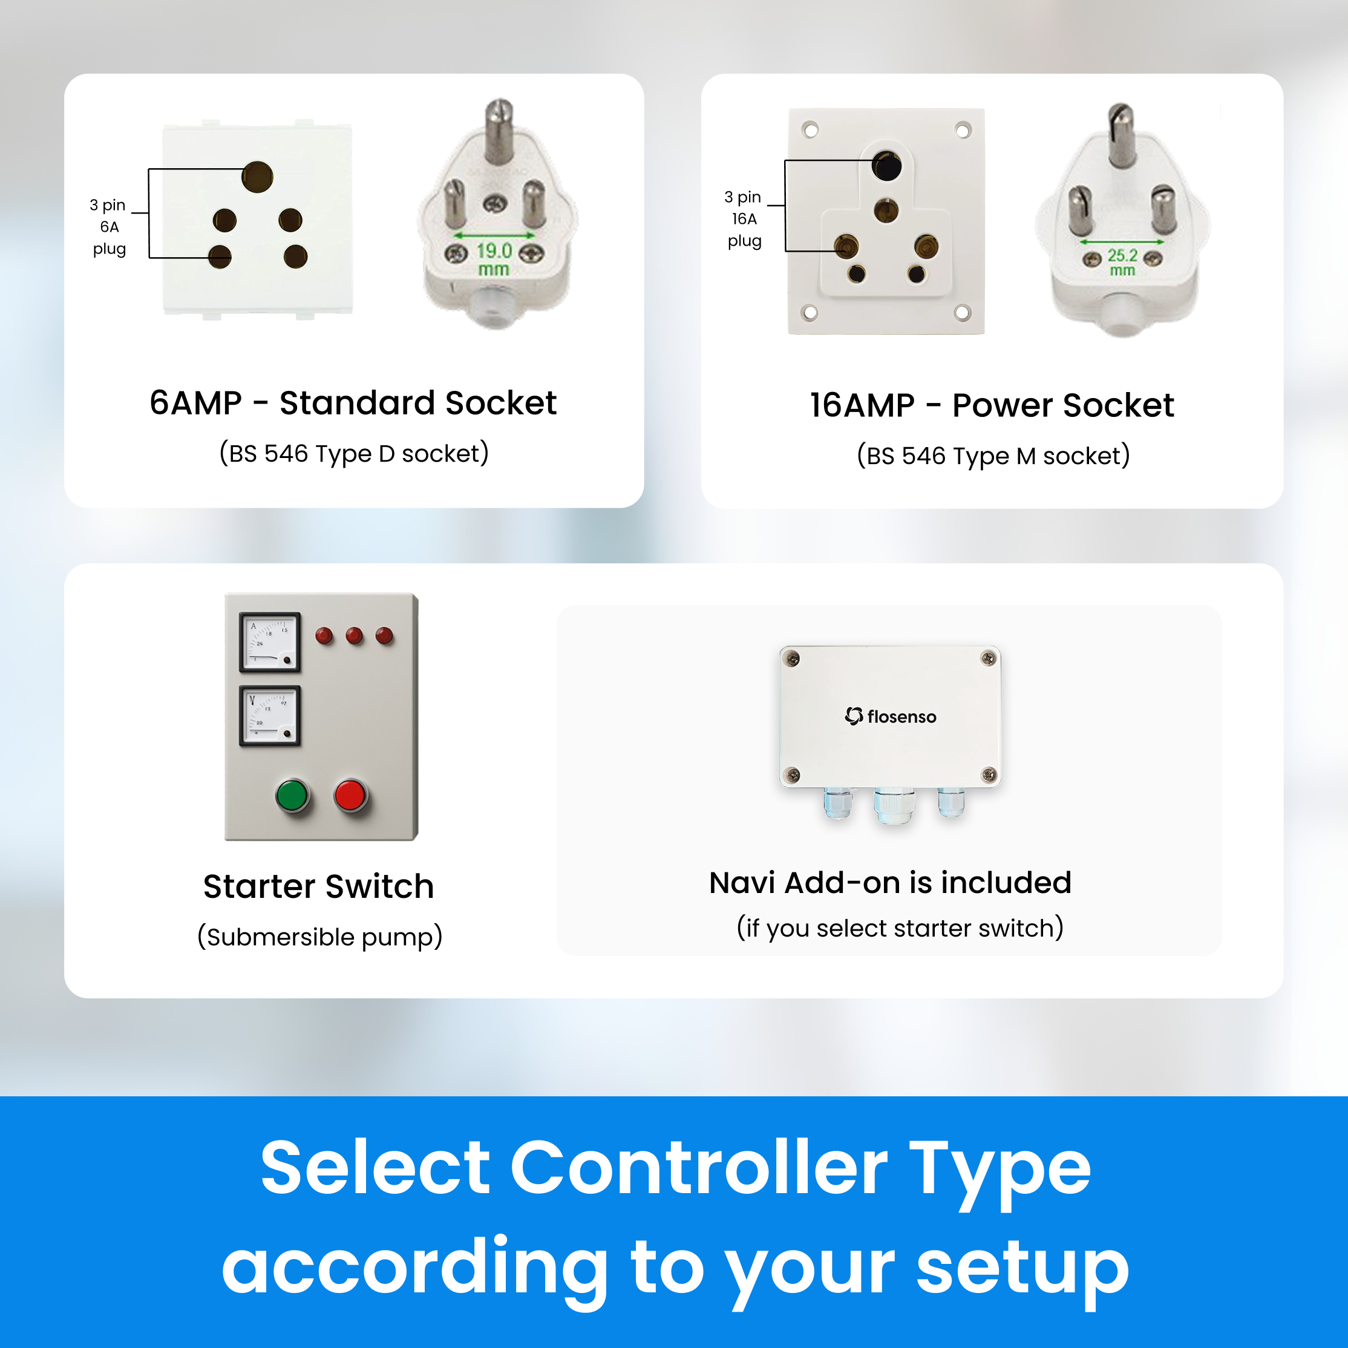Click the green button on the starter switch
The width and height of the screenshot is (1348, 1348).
(x=292, y=796)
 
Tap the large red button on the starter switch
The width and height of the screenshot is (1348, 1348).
(x=350, y=796)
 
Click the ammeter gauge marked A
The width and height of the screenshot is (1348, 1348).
(x=270, y=642)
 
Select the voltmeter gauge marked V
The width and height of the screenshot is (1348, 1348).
(x=270, y=716)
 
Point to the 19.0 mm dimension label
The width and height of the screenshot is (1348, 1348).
(x=494, y=260)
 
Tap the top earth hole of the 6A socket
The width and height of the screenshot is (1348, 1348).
(x=258, y=177)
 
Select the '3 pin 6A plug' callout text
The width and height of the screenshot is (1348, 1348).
(x=109, y=227)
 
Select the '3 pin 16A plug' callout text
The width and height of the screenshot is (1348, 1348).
(x=744, y=219)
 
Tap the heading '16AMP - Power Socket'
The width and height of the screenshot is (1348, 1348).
(x=992, y=405)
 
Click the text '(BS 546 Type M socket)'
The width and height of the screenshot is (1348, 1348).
(x=993, y=456)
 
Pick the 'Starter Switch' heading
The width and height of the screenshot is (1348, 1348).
(x=319, y=886)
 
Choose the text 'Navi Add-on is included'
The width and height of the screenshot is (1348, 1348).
(x=890, y=883)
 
